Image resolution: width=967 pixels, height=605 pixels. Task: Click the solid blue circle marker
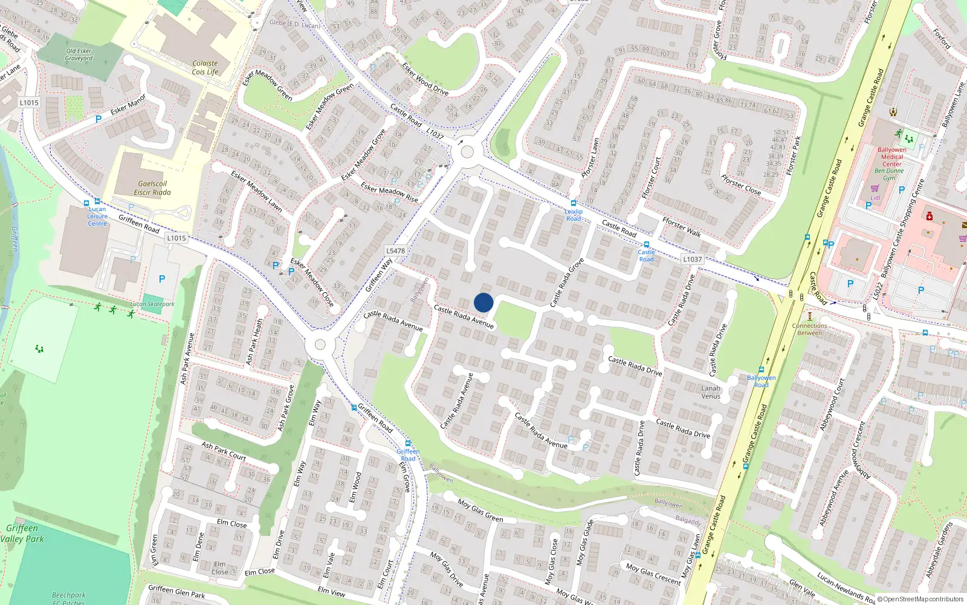tap(483, 302)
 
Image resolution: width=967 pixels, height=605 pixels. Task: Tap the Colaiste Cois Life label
tap(205, 67)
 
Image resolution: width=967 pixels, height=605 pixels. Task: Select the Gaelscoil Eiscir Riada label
tap(152, 188)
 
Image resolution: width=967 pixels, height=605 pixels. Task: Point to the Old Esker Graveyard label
tap(79, 55)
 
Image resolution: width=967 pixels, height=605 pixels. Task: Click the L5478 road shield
tap(395, 250)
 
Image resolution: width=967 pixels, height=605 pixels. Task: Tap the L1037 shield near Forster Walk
tap(693, 259)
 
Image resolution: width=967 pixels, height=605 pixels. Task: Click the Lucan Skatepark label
tap(152, 304)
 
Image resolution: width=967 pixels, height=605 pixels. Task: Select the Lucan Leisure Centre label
tap(97, 216)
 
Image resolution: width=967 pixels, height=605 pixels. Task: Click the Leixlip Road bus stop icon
tap(573, 203)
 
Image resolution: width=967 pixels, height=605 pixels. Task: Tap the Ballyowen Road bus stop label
tap(761, 381)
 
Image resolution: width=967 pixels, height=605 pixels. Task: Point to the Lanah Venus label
tap(711, 392)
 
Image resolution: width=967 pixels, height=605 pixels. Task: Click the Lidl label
tap(875, 197)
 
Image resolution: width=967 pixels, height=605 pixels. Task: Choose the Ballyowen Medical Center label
tap(891, 157)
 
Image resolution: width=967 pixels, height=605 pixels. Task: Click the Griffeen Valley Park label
tap(22, 533)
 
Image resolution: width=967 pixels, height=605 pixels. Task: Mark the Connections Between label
tap(809, 329)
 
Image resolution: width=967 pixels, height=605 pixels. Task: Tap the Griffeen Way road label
tap(379, 275)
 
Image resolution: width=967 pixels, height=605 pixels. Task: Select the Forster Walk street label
tap(681, 227)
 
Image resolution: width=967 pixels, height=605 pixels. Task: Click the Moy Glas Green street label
tap(480, 510)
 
